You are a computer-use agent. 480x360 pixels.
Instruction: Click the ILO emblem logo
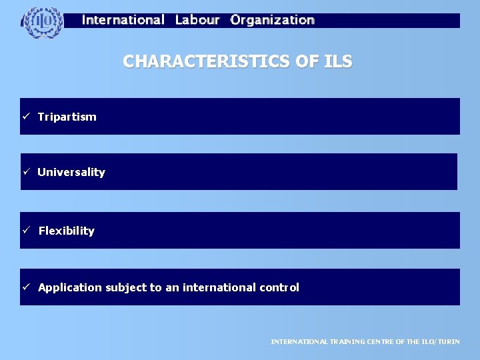(x=43, y=22)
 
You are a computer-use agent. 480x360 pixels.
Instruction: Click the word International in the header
(x=123, y=20)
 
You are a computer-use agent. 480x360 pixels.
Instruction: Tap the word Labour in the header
(x=197, y=20)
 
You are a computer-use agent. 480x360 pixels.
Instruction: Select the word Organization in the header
(x=273, y=20)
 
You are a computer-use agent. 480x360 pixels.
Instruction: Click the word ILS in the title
(x=337, y=62)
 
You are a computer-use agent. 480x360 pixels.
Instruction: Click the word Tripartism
(x=67, y=117)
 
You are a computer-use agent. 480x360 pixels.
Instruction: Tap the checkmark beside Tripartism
(x=26, y=117)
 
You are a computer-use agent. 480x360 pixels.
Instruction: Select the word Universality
(x=71, y=172)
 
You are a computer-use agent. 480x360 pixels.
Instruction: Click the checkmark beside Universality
(x=26, y=172)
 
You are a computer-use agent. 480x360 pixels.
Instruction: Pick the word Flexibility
(x=67, y=231)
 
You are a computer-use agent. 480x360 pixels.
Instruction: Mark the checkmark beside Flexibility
(x=26, y=231)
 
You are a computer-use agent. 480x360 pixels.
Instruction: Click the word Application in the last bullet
(x=70, y=287)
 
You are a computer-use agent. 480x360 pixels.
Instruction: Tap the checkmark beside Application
(x=26, y=287)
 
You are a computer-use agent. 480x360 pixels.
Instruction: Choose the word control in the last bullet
(x=279, y=287)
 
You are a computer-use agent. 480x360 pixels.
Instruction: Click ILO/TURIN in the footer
(x=440, y=341)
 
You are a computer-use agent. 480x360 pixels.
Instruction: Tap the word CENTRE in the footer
(x=381, y=341)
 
